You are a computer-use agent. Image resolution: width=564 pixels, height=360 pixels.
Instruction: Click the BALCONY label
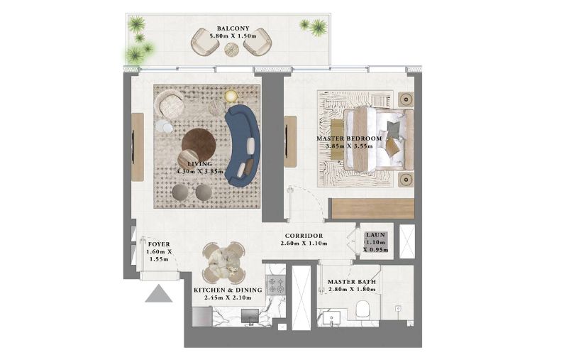coord(233,28)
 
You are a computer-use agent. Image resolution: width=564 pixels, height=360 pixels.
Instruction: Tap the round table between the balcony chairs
coord(231,49)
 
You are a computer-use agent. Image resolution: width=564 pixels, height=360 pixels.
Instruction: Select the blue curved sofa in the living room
coord(242,146)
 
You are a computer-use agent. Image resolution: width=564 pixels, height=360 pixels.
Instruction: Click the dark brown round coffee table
coord(199,145)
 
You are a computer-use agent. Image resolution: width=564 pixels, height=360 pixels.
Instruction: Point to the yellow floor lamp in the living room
coord(231,96)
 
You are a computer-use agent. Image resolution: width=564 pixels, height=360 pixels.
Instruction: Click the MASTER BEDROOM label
coord(349,138)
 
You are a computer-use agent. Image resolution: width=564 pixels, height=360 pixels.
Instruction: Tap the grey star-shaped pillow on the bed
coord(393,129)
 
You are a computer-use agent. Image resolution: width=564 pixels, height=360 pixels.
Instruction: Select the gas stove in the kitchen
coord(275,285)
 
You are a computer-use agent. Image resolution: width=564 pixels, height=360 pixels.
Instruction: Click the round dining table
coord(223,262)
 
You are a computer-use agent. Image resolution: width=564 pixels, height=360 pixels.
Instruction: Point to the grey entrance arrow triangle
coord(159,294)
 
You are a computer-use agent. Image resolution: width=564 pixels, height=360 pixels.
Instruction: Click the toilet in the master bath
coord(363,309)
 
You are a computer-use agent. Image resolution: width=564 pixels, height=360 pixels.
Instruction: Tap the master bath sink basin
coord(331,318)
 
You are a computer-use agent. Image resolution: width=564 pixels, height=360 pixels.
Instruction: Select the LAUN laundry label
coord(375,235)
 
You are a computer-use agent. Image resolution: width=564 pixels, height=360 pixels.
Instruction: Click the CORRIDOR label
coord(304,236)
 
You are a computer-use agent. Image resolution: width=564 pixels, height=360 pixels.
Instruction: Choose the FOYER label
coord(159,244)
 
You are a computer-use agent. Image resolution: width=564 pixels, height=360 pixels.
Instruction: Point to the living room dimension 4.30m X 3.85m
coord(199,171)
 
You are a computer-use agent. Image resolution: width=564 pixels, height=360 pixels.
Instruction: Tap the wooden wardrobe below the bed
coord(373,208)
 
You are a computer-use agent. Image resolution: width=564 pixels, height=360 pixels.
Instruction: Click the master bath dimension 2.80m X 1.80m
coord(351,290)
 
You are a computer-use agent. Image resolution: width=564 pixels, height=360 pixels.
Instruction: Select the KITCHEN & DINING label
coord(228,290)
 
